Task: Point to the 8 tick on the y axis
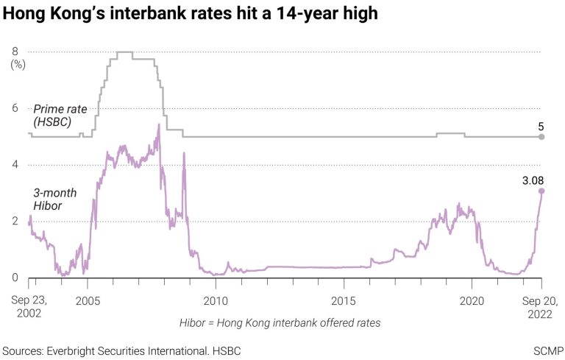click(15, 52)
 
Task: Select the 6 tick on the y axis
click(15, 108)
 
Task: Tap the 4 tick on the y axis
click(15, 165)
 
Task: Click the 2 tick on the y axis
click(15, 222)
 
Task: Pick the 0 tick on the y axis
click(15, 278)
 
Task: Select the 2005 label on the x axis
click(88, 300)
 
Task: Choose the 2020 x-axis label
click(472, 300)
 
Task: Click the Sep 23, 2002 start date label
click(29, 307)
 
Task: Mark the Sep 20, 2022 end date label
click(541, 307)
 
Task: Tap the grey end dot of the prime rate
click(541, 137)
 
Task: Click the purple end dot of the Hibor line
click(541, 191)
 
